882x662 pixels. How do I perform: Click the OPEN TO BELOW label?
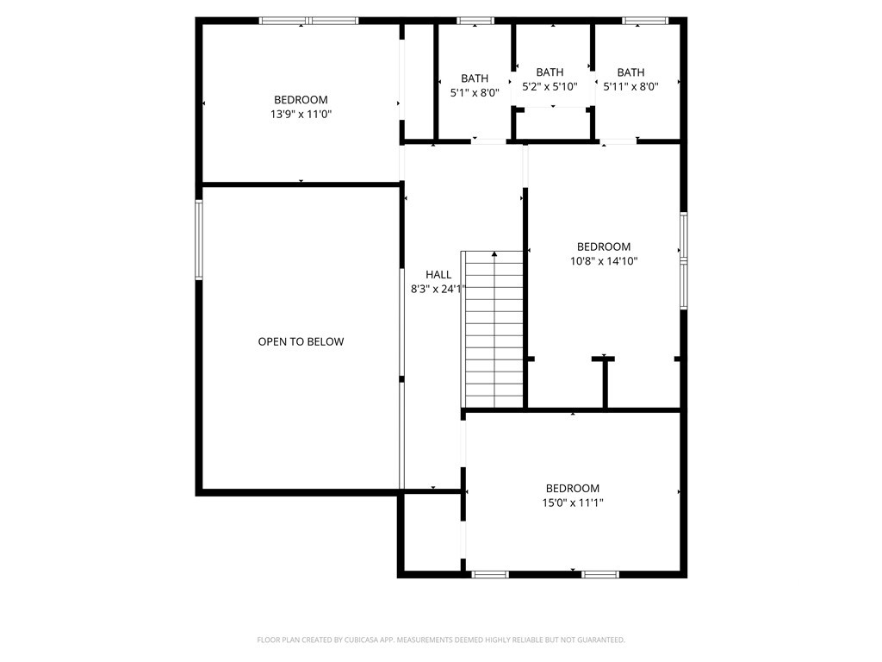point(301,341)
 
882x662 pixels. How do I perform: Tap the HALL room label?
point(438,275)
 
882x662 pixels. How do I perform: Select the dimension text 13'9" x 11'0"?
point(301,115)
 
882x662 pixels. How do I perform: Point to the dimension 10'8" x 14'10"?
point(604,261)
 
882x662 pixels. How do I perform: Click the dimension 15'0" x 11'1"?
point(573,503)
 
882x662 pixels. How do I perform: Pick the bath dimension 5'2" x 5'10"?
point(550,87)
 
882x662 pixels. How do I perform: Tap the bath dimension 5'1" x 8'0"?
point(475,93)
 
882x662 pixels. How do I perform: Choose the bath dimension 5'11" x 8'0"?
point(630,87)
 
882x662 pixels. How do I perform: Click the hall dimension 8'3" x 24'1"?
point(438,290)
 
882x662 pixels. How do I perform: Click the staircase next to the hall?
point(493,329)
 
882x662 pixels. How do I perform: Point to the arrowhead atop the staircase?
point(494,254)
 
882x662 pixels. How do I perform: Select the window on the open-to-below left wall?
point(199,240)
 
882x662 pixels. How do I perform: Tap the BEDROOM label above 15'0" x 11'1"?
point(573,489)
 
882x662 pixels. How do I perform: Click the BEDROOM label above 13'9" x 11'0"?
point(301,100)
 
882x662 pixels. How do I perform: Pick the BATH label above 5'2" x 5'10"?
point(550,72)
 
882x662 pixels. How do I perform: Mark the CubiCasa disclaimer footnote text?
point(441,640)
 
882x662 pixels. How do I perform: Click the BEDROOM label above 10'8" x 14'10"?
point(604,247)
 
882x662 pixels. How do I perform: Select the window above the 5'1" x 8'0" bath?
point(475,21)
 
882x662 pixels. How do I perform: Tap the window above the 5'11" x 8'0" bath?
point(645,21)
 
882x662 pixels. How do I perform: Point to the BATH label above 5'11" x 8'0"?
point(630,72)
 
